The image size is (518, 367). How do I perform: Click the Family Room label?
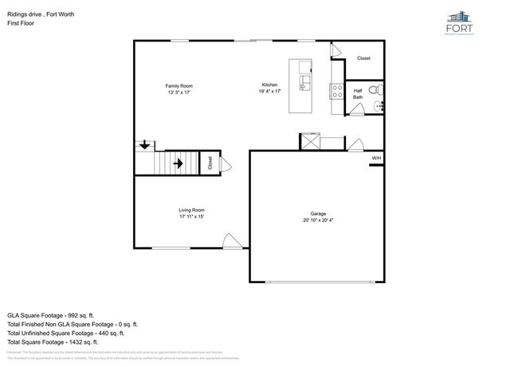tap(179, 86)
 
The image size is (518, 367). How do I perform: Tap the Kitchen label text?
tap(270, 85)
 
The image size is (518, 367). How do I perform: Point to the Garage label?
tap(318, 214)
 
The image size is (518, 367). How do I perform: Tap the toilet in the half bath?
tap(378, 90)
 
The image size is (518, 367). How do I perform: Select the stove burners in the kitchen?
tap(336, 91)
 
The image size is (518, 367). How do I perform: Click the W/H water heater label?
tap(376, 159)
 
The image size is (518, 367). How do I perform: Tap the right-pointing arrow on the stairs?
tap(178, 164)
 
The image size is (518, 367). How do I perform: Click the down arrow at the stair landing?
tap(144, 145)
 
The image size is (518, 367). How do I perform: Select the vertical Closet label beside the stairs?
tap(210, 164)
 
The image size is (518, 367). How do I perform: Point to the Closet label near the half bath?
tap(363, 58)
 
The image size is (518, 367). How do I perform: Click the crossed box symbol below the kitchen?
tap(309, 141)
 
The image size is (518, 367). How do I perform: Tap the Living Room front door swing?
tap(230, 242)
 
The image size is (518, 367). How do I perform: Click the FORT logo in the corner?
tap(469, 25)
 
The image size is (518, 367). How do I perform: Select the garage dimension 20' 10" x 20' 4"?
tap(318, 220)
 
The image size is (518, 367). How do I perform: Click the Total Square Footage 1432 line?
tap(51, 343)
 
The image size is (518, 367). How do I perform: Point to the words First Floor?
tap(22, 23)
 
